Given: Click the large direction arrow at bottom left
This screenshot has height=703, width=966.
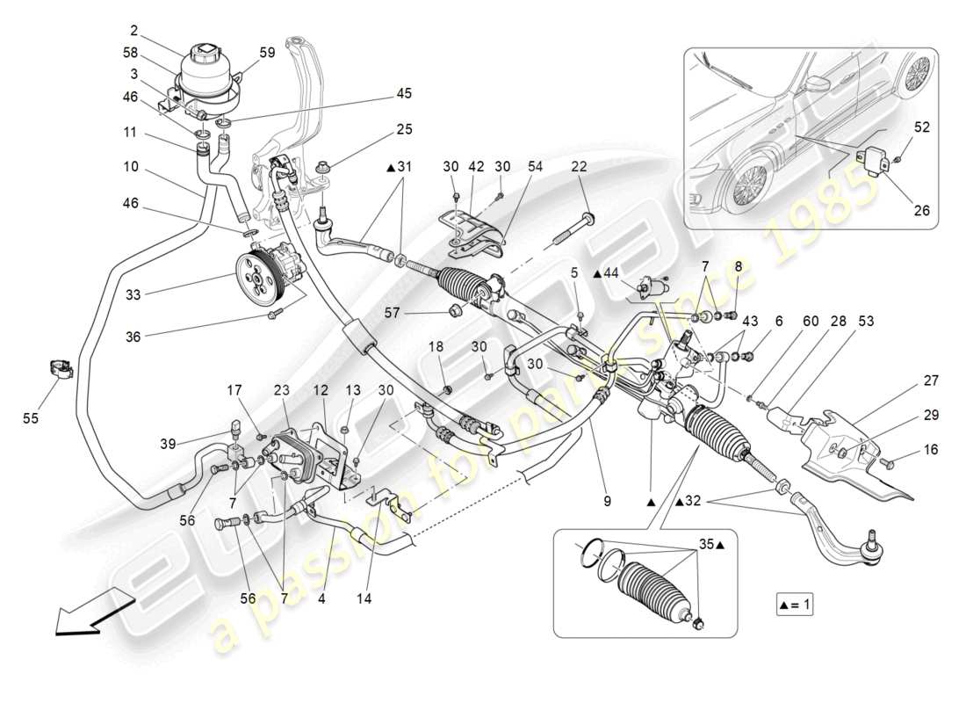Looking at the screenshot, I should (88, 612).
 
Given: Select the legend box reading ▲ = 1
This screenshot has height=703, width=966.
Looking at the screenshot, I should (796, 605).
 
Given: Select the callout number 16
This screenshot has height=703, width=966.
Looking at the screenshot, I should (930, 450).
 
